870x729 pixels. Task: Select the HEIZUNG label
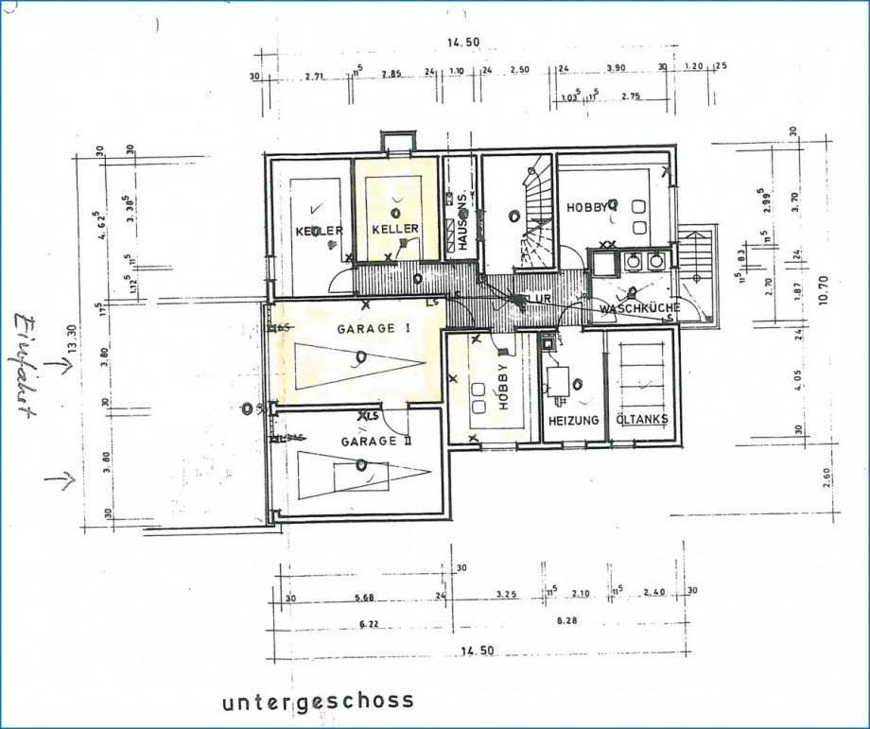coord(572,421)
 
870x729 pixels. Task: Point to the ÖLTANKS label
coord(641,421)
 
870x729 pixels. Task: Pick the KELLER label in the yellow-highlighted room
coord(395,230)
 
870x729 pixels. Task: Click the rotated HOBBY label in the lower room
coord(503,386)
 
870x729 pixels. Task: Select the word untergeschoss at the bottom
coord(318,701)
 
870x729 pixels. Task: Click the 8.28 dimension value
coord(567,621)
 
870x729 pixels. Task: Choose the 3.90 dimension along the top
coord(615,69)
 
